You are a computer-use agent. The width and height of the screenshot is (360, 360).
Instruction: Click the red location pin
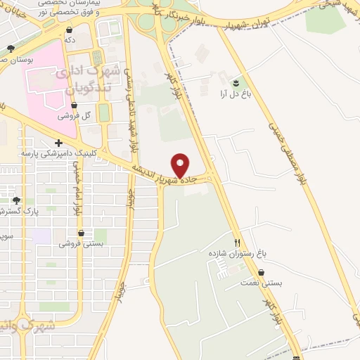pos(181,165)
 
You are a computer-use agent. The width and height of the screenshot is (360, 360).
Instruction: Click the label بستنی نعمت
pos(262,283)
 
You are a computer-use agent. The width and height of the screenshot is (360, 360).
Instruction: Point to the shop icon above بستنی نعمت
pos(262,273)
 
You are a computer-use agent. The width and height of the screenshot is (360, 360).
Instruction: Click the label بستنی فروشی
pos(80,243)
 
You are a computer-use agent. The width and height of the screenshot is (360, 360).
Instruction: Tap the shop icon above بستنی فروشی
pos(81,233)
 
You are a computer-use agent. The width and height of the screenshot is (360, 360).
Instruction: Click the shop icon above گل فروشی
pos(86,105)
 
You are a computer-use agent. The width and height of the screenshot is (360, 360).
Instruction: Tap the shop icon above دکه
pos(70,30)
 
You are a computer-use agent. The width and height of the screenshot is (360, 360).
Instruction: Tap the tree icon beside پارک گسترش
pos(15,200)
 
